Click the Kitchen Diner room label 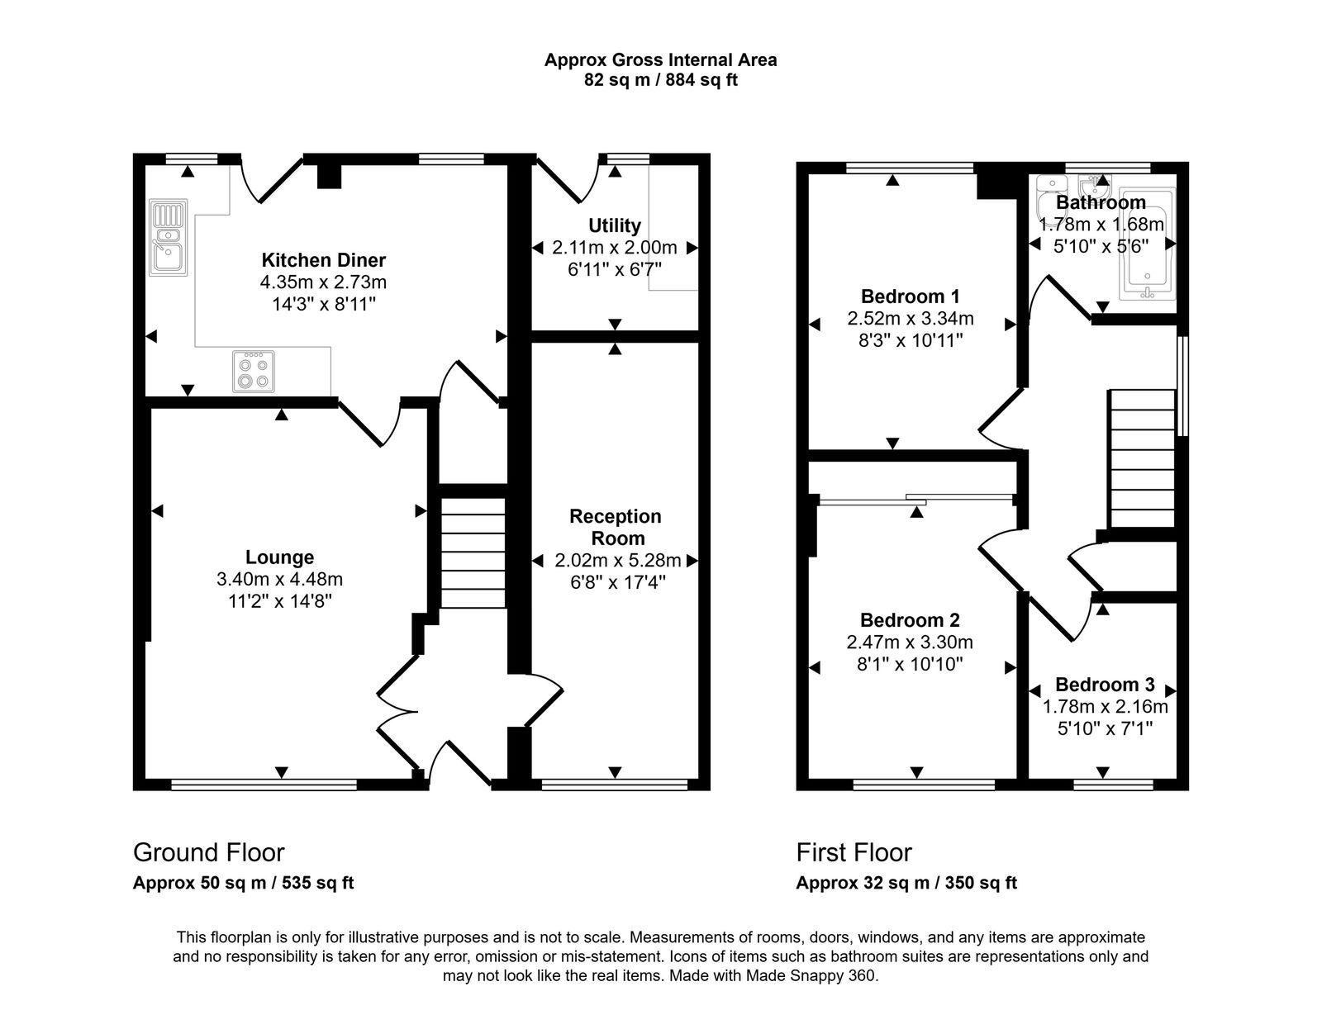[323, 260]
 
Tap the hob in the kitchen [253, 371]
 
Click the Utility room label [614, 225]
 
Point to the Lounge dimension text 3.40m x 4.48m [279, 579]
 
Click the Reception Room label [615, 527]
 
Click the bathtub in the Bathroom [1145, 245]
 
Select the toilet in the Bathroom [1053, 190]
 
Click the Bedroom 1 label [910, 296]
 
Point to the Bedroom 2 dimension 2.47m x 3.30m [910, 642]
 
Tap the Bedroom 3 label [1104, 685]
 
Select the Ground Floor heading [209, 852]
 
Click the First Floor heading [854, 852]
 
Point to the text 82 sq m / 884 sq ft [660, 81]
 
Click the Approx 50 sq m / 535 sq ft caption [243, 883]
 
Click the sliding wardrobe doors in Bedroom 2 [915, 498]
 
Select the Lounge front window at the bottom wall [264, 785]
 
